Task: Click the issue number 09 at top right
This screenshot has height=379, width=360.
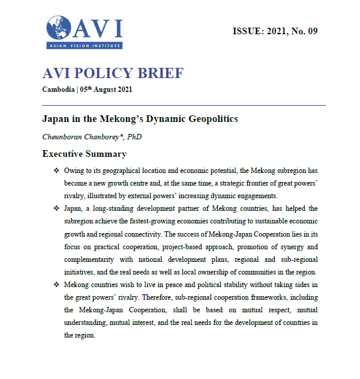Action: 311,31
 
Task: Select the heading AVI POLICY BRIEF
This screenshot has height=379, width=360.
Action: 113,74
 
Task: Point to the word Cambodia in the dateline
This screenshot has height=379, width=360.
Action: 59,89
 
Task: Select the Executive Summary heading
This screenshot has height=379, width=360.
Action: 84,154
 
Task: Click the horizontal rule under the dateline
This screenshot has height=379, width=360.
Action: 184,105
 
